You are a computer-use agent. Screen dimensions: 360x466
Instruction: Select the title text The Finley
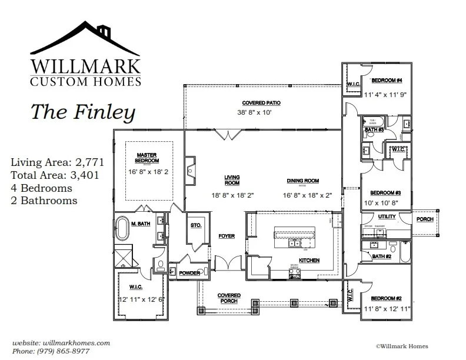[x=82, y=111]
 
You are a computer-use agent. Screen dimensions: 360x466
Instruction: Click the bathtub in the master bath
[x=123, y=229]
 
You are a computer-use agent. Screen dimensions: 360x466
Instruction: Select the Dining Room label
[x=302, y=181]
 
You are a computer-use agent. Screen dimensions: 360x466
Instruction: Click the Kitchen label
[x=309, y=259]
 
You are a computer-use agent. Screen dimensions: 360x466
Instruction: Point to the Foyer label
[x=227, y=236]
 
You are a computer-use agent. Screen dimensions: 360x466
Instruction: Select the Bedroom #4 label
[x=386, y=80]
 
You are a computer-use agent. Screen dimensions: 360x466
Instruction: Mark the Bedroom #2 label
[x=385, y=298]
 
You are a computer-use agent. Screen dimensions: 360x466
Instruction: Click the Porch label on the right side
[x=424, y=219]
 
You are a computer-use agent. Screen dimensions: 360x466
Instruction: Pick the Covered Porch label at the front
[x=228, y=298]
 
